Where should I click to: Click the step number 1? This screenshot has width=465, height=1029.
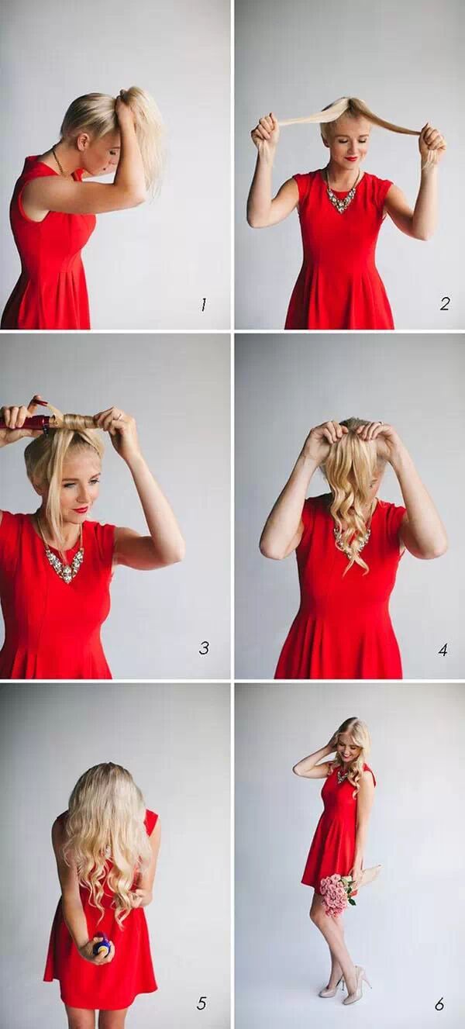click(x=203, y=304)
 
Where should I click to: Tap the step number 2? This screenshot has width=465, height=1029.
click(x=444, y=304)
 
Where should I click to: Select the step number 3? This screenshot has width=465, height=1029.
click(x=205, y=647)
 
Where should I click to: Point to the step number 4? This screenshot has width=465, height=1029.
click(x=443, y=650)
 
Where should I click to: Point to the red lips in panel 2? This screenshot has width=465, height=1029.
click(x=352, y=158)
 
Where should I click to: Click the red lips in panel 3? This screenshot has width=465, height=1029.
click(x=81, y=509)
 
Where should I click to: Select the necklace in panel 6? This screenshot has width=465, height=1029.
click(x=343, y=776)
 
